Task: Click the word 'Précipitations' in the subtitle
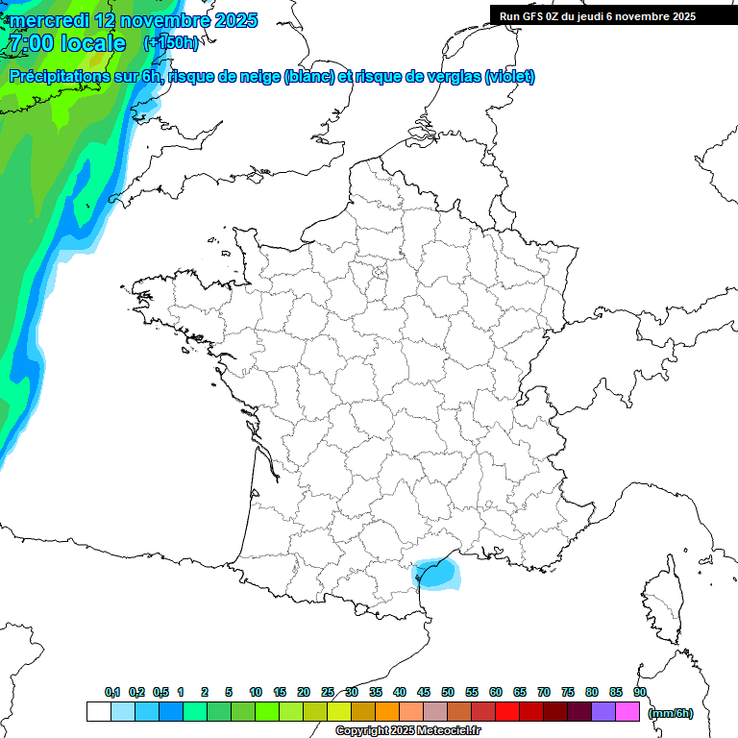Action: tap(73, 77)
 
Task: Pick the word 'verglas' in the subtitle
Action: tap(449, 77)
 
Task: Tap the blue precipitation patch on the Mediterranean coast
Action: tap(435, 576)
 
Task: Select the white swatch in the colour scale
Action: tap(98, 712)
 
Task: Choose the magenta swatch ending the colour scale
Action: tap(627, 712)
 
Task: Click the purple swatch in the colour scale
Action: tap(603, 712)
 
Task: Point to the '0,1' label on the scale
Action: tap(112, 692)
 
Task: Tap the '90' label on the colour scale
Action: tap(640, 692)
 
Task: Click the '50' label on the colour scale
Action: tap(448, 692)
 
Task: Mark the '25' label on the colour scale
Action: tap(328, 692)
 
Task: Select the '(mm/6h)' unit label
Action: tap(671, 713)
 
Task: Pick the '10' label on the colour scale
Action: tap(256, 692)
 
